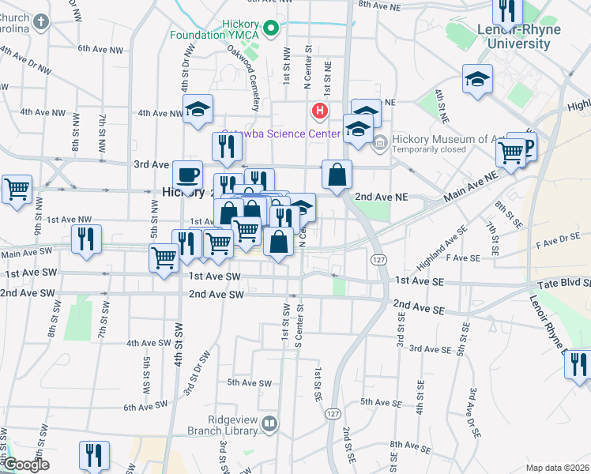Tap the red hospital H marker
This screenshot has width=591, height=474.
click(x=320, y=110)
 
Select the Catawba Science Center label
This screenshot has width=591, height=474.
click(x=280, y=134)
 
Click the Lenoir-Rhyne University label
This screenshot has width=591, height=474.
click(x=514, y=36)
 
